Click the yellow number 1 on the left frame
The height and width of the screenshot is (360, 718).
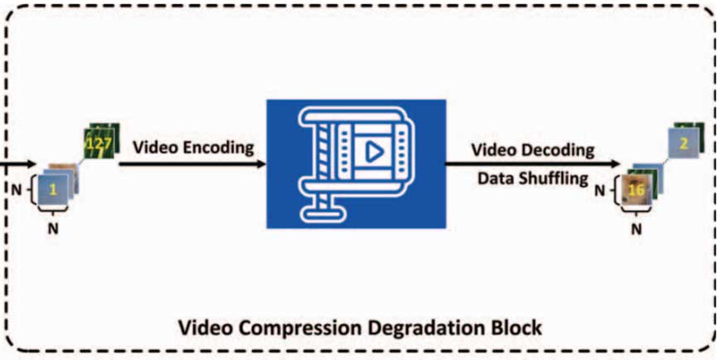(x=52, y=189)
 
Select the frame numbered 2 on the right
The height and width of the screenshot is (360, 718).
(x=684, y=144)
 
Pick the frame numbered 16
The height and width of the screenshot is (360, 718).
(x=637, y=190)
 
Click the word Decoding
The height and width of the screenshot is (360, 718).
(x=562, y=149)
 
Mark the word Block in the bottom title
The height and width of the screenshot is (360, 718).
(x=520, y=328)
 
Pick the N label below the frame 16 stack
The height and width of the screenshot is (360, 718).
(x=636, y=230)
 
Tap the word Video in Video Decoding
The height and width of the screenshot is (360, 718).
(x=495, y=149)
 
